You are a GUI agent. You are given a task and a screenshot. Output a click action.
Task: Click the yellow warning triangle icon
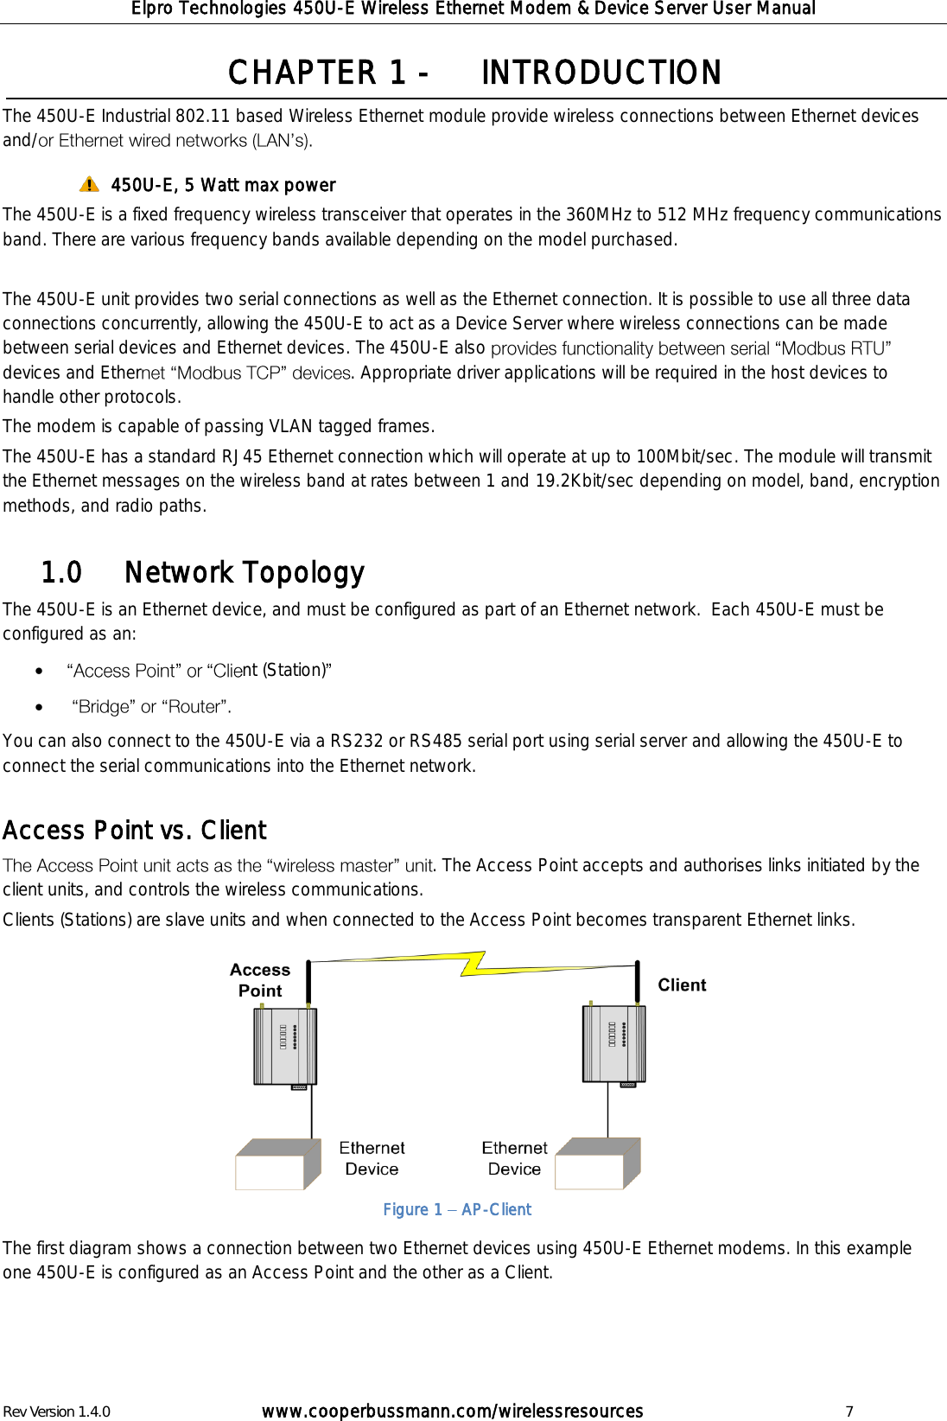click(x=89, y=184)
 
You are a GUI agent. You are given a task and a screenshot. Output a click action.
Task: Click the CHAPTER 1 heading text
click(x=327, y=73)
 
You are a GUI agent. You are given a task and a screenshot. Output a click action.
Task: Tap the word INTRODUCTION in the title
click(x=601, y=73)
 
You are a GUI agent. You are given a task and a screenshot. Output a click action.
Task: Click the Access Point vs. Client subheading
click(x=135, y=831)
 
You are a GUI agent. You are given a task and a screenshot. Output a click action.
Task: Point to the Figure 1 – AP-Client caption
click(x=457, y=1209)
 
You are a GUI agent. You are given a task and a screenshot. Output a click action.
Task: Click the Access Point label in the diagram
click(x=260, y=980)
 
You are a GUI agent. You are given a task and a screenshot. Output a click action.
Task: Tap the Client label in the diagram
click(x=682, y=985)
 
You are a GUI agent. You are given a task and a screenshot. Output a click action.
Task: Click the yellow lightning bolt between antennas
click(x=473, y=963)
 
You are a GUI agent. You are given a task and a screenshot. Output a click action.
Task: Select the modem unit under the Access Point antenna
click(x=285, y=1046)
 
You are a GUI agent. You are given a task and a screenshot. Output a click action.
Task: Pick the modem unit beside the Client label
click(x=614, y=1043)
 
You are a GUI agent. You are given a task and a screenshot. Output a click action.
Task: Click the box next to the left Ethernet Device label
click(x=277, y=1165)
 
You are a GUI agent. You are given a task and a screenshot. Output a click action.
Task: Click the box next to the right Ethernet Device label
click(x=597, y=1164)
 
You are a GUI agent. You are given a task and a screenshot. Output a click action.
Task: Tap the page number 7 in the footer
click(x=849, y=1411)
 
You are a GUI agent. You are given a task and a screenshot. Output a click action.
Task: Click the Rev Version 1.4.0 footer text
click(x=57, y=1411)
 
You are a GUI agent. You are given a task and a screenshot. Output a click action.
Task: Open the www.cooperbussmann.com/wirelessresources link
click(x=452, y=1411)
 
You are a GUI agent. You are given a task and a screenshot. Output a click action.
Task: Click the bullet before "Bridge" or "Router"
click(x=40, y=707)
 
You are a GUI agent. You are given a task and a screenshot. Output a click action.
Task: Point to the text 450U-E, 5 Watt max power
click(x=223, y=185)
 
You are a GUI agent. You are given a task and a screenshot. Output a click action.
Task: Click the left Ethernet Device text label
click(x=372, y=1158)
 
